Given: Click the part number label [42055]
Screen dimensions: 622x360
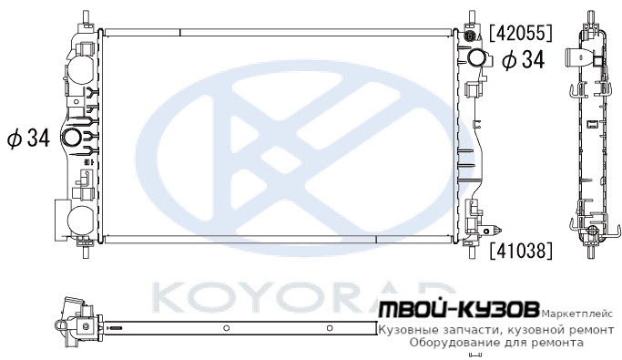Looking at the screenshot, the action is (x=520, y=33).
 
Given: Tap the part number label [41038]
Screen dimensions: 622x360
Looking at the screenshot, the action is (x=520, y=251).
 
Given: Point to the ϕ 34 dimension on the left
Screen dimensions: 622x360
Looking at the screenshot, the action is (x=29, y=139).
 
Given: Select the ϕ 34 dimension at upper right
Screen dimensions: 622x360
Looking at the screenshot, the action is (x=524, y=60).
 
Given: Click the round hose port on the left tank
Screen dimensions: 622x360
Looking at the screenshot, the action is (x=72, y=138).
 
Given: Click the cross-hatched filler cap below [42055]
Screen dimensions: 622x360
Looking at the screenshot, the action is (x=469, y=36).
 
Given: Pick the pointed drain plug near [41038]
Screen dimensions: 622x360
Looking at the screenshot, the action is (x=494, y=230).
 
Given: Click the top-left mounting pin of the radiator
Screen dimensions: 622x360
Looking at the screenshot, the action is (x=85, y=17).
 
